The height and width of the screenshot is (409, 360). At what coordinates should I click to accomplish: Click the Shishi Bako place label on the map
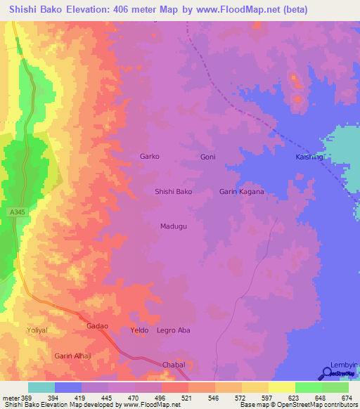coord(173,191)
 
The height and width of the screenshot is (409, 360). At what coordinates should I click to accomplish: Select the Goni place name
coord(207,157)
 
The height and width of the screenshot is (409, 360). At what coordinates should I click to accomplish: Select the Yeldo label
coord(141,330)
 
